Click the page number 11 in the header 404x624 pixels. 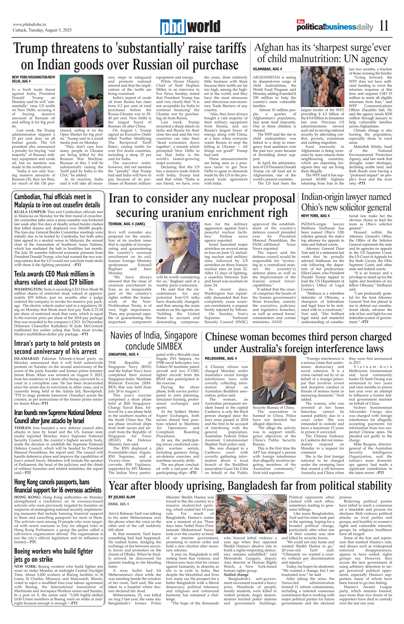384,26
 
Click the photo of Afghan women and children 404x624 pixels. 322,87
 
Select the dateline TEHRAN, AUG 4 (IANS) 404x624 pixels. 127,224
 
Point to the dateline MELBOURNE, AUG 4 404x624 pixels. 221,358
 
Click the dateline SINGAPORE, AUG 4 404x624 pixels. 123,354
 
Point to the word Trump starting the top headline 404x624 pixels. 30,48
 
